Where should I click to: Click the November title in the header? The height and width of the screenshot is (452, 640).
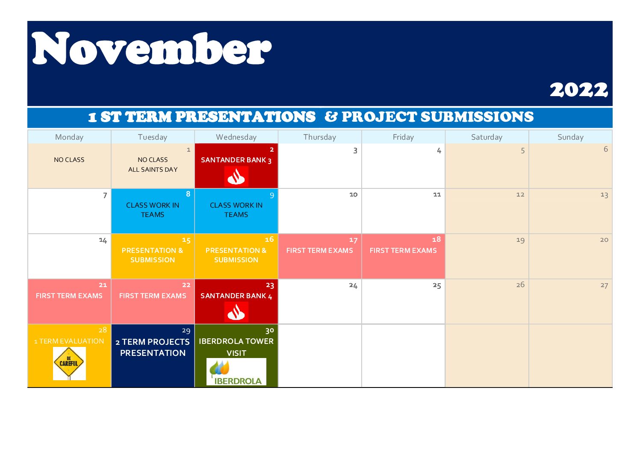coord(151,49)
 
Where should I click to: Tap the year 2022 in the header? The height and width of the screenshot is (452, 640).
coord(578,90)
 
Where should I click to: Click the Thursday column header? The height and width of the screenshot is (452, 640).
coord(320,137)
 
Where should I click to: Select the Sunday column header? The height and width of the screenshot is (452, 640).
coord(570,137)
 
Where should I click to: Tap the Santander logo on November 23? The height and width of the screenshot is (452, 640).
coord(236,312)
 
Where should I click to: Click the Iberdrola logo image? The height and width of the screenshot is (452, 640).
coord(236,372)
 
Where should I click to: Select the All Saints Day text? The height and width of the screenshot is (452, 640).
coord(153,170)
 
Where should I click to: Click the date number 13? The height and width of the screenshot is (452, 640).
coord(604,195)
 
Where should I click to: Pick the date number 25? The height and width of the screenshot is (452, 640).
coord(437,285)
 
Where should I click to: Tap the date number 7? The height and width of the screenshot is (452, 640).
coord(105,195)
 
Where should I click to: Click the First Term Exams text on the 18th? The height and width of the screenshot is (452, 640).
coord(403,250)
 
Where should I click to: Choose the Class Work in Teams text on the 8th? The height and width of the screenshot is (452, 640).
coord(153,210)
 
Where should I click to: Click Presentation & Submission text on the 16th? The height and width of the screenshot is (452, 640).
coord(236,255)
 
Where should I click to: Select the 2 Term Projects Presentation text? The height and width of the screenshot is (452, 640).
coord(153,347)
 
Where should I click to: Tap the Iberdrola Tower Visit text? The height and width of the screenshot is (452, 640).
coord(236,347)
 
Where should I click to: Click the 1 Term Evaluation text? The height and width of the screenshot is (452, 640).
coord(69,341)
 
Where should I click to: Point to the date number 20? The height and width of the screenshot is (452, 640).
coord(604,240)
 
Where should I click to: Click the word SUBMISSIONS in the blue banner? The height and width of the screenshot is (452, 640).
coord(477,117)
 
